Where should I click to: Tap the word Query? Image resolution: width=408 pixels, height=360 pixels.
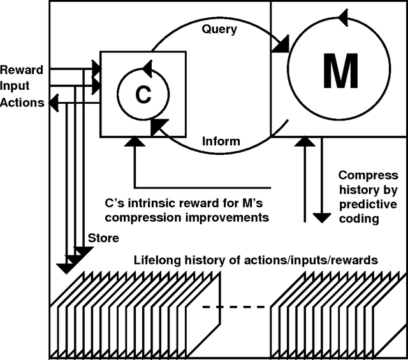click(x=219, y=29)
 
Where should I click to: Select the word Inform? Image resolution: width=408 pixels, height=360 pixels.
click(x=221, y=141)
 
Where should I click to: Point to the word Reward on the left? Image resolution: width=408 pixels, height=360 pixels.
click(x=22, y=69)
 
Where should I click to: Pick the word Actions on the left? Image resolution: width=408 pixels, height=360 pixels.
click(x=22, y=102)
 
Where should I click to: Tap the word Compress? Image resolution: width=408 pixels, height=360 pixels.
click(x=368, y=175)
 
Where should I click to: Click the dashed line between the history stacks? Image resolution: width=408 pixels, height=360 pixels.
click(x=235, y=307)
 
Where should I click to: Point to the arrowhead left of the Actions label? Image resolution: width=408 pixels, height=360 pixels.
click(x=54, y=101)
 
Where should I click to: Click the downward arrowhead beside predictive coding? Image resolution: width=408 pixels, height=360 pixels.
click(x=322, y=217)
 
